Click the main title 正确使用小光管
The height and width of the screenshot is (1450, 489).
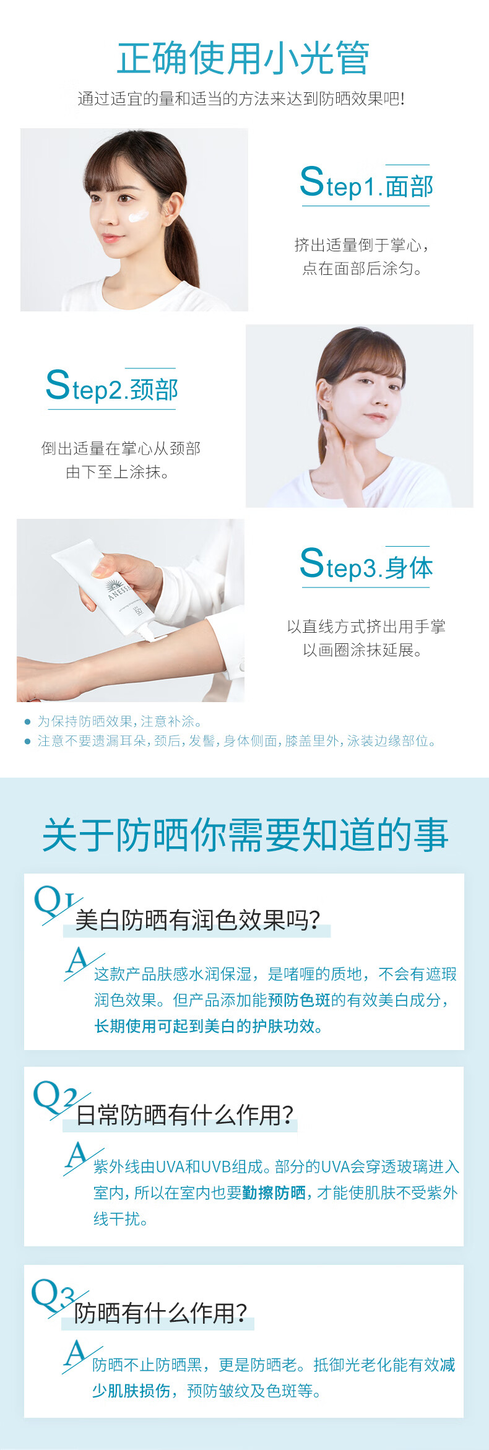pos(243,58)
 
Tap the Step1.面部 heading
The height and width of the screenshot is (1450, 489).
pos(366,184)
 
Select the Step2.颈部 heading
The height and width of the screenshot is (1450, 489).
pos(112,388)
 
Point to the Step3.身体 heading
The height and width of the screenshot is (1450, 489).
pos(366,565)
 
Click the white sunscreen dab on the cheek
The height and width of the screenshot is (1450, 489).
pos(137,217)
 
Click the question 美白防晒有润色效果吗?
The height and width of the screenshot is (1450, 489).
pos(197,920)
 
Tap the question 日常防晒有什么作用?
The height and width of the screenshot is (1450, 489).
pos(184,1114)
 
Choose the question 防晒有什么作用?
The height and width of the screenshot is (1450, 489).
pos(160,1313)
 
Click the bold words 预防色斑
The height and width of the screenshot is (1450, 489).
pos(299,1000)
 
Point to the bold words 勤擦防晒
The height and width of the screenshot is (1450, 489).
pos(274,1192)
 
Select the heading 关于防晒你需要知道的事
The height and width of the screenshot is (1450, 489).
pos(245,834)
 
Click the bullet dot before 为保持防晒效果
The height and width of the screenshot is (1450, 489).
pos(27,721)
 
